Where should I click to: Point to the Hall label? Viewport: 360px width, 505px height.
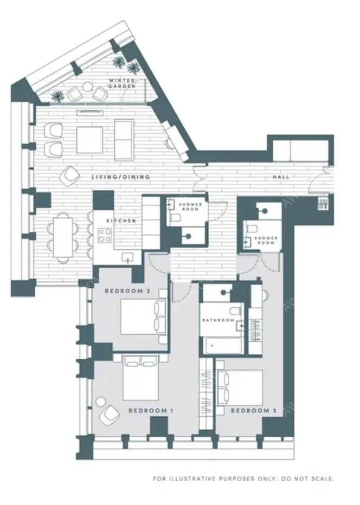point(281,177)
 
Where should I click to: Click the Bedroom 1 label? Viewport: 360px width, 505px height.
point(150,411)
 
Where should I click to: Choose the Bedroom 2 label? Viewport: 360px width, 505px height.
point(128,292)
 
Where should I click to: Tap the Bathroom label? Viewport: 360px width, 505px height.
point(218,320)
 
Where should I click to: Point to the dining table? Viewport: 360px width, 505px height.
point(63,237)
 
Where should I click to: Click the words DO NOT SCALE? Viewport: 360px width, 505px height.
point(310,478)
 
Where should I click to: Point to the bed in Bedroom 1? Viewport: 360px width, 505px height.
point(141,379)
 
